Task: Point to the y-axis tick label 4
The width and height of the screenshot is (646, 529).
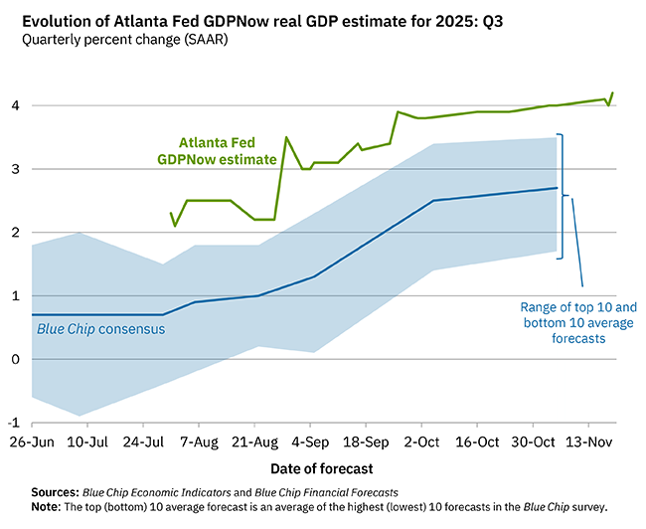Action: click(15, 105)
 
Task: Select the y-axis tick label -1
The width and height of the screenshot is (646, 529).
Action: click(13, 423)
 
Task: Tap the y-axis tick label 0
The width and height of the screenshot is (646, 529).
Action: click(15, 359)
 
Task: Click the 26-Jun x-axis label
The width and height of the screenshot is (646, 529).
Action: click(33, 440)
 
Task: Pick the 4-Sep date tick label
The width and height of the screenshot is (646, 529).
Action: click(313, 440)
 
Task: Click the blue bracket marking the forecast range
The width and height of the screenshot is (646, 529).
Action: click(563, 196)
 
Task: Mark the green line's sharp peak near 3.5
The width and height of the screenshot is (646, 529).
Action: click(286, 137)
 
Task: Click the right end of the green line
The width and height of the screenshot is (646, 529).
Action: click(612, 92)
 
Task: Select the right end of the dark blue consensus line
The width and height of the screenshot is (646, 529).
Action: click(556, 188)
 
